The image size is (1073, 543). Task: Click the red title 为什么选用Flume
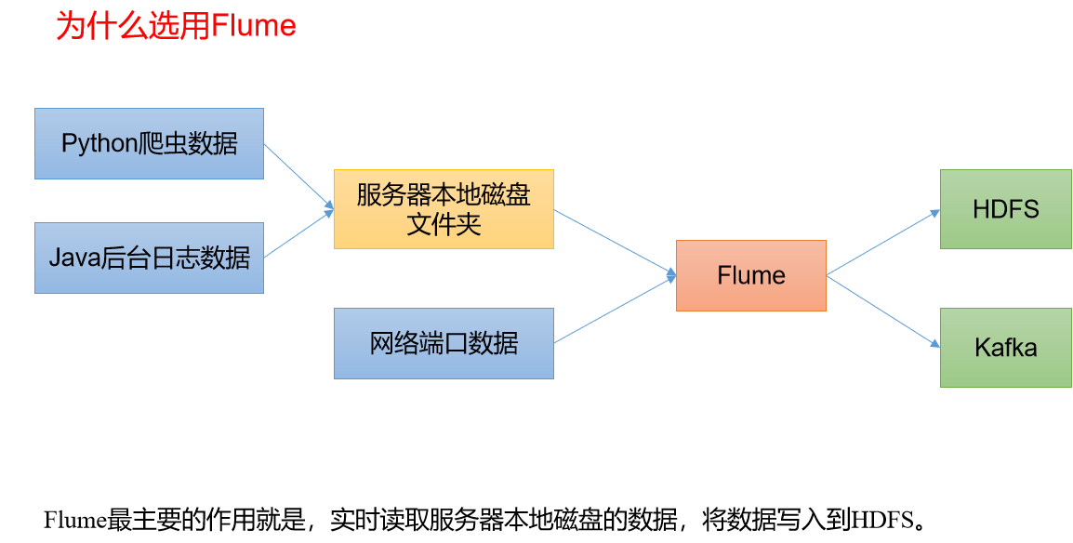click(x=176, y=26)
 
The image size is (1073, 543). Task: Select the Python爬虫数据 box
click(x=149, y=143)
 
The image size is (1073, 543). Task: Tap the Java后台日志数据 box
click(x=149, y=258)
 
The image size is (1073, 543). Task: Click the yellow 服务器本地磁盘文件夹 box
click(x=444, y=209)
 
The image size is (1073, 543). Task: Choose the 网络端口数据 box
click(x=444, y=343)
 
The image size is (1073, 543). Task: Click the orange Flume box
click(x=751, y=275)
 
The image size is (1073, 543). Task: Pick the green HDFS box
click(x=1006, y=209)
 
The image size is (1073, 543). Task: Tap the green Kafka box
click(x=1006, y=348)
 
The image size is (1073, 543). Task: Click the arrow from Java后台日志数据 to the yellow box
click(x=299, y=233)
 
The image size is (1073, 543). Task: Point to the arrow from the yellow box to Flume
click(x=616, y=243)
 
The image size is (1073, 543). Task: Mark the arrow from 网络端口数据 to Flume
click(x=616, y=309)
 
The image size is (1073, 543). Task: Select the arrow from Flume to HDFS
click(x=883, y=243)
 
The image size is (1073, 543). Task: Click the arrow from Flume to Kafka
click(x=883, y=311)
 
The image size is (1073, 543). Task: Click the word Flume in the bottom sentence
click(x=75, y=521)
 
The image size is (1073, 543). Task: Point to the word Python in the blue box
click(x=99, y=144)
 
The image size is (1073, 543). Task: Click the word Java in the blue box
click(x=73, y=258)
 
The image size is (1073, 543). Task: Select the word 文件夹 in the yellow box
click(x=444, y=224)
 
